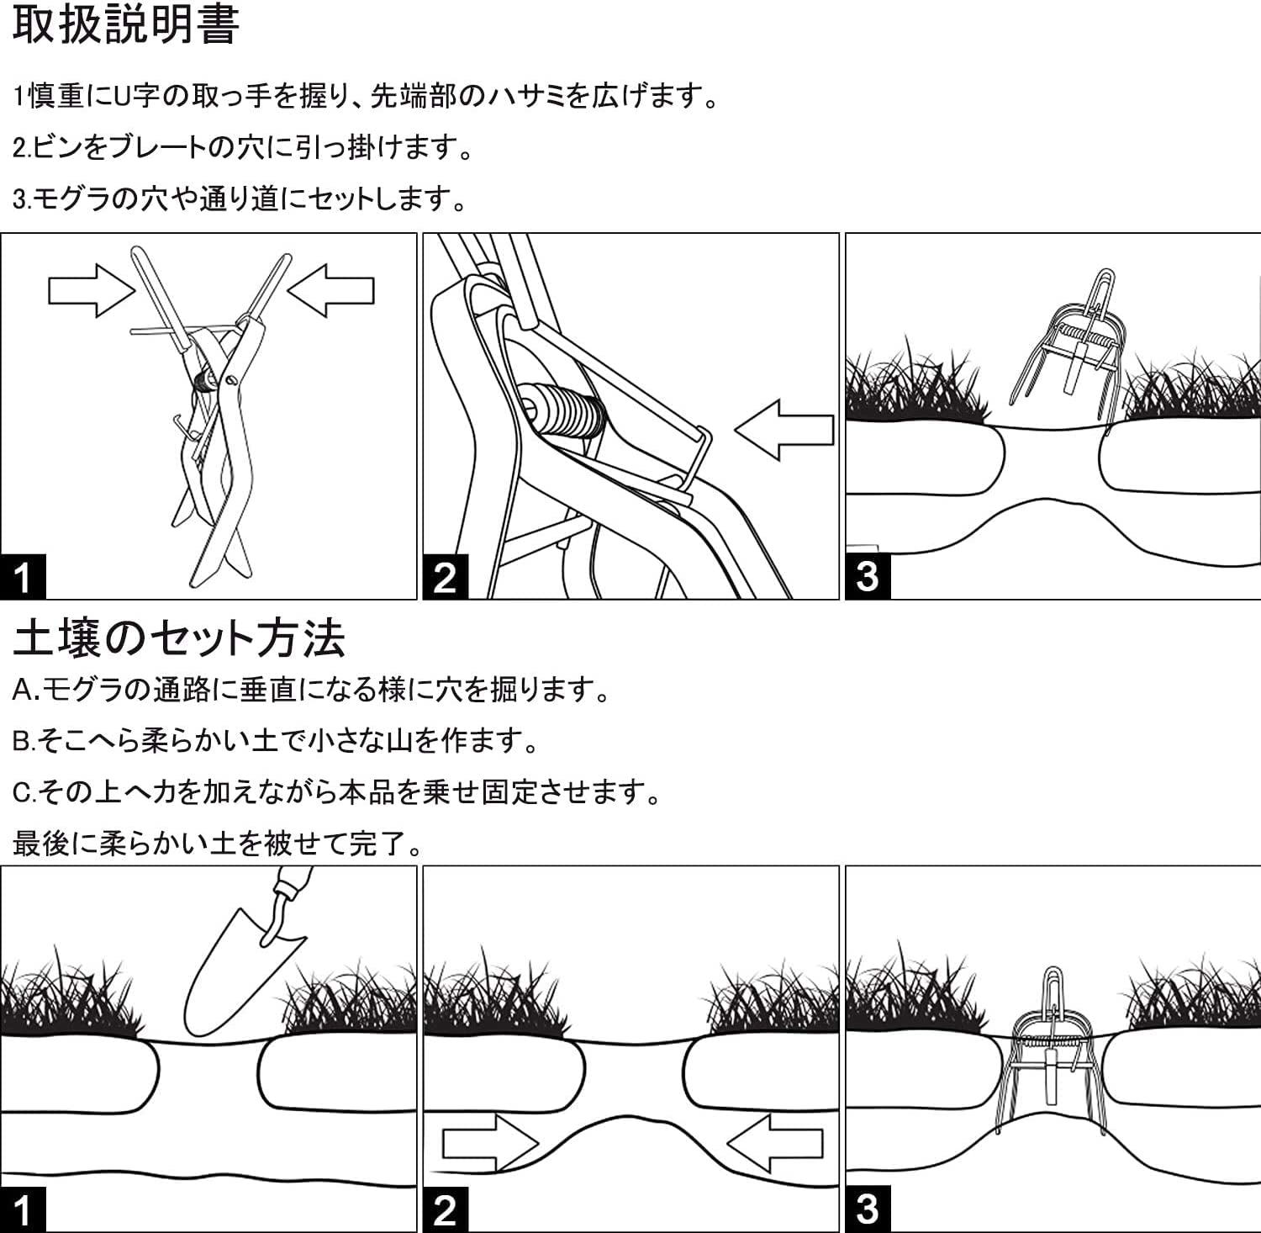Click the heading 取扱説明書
point(126,25)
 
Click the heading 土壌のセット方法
point(178,638)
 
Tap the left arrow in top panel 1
point(91,290)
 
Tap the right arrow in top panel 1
point(331,290)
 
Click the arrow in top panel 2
point(784,429)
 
